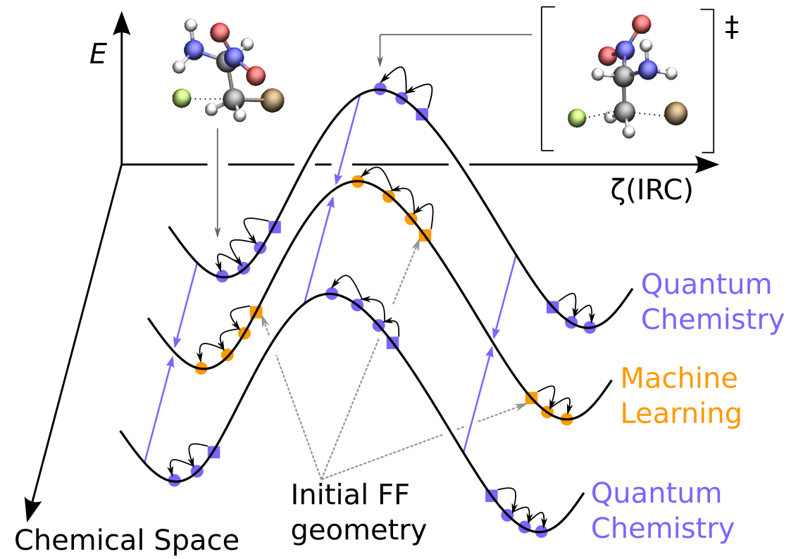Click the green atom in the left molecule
(182, 98)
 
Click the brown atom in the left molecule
(273, 99)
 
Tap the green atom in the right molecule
(577, 118)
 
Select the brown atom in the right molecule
(675, 113)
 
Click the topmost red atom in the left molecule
(220, 32)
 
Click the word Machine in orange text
(678, 378)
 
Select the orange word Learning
(680, 413)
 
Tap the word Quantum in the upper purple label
(706, 284)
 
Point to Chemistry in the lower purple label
(662, 528)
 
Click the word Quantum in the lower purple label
(656, 493)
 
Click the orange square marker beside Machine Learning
(532, 398)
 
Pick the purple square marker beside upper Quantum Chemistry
(552, 307)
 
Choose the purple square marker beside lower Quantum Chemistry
(492, 496)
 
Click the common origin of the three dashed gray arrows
(321, 479)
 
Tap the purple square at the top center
(422, 115)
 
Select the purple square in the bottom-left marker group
(214, 452)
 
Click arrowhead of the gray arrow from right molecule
(380, 63)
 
